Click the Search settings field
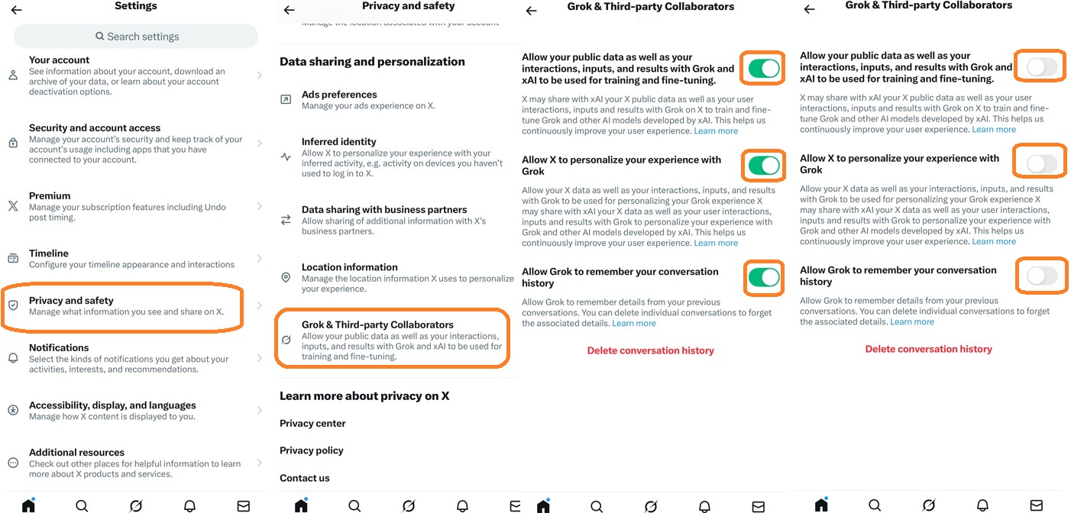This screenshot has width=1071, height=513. click(136, 36)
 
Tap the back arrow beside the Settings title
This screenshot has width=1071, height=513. click(16, 10)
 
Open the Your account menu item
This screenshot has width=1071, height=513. click(130, 76)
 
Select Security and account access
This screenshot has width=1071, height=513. click(130, 144)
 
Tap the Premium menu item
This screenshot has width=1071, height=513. click(130, 206)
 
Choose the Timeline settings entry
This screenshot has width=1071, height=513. click(130, 259)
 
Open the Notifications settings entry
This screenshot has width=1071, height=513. click(130, 358)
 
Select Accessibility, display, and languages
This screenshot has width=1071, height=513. click(130, 411)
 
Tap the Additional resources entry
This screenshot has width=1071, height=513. click(130, 463)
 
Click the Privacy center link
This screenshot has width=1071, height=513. click(312, 424)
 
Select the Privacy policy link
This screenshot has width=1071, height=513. click(311, 450)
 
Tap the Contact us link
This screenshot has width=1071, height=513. click(304, 478)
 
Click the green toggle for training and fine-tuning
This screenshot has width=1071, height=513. click(763, 69)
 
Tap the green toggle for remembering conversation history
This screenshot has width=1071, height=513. click(763, 277)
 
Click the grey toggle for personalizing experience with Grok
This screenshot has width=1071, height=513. click(1041, 163)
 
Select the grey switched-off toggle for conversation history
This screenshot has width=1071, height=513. click(1041, 276)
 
